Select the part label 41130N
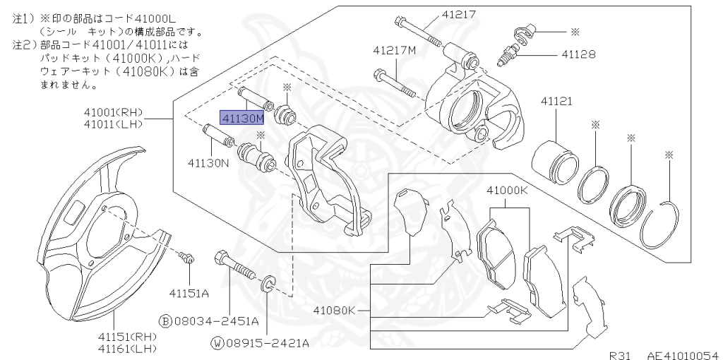coord(209,162)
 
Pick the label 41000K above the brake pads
coord(506,191)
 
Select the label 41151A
coord(189,292)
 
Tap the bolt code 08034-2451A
coord(215,321)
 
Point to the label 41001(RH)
coord(112,112)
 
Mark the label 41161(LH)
coord(127,348)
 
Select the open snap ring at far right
coord(661,222)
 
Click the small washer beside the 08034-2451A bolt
coord(269,285)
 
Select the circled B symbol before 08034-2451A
coord(165,321)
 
